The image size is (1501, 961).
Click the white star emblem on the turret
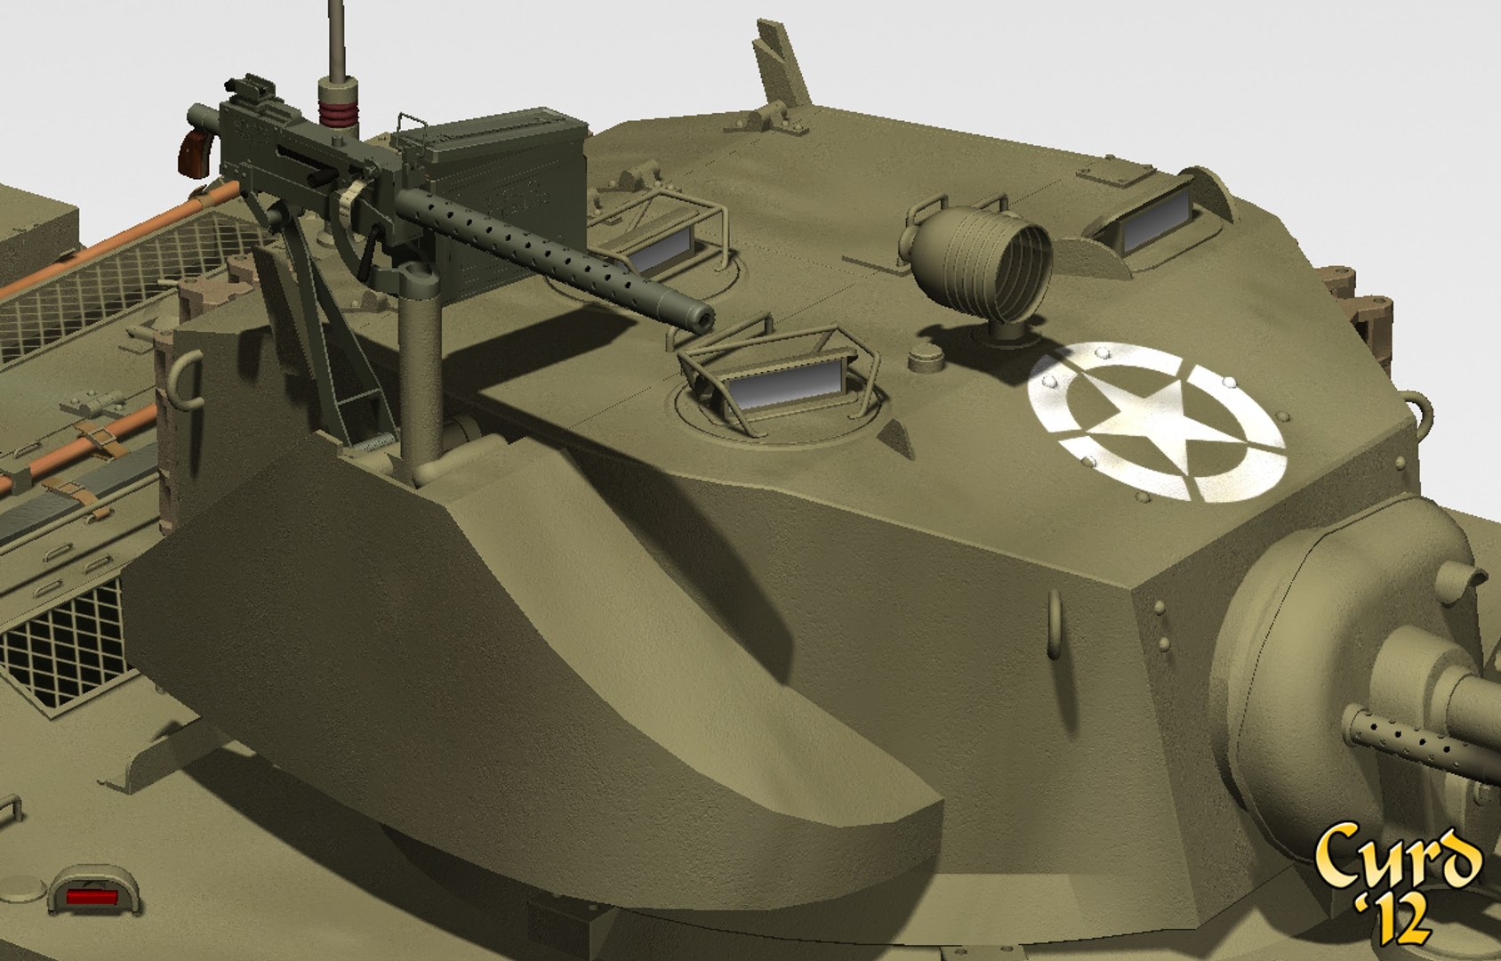pos(1156,423)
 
